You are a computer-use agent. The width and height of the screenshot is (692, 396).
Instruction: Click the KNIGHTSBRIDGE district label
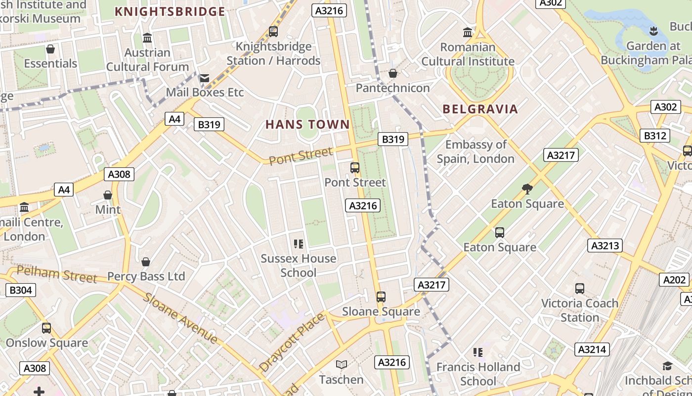[x=170, y=11]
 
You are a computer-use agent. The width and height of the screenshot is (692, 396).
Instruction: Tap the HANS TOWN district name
[x=307, y=124]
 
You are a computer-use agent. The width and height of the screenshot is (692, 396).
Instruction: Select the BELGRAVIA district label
[x=480, y=109]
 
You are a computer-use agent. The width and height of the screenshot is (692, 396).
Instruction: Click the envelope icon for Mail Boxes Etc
[x=204, y=78]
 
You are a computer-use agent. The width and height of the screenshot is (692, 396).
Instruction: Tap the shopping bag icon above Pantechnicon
[x=393, y=73]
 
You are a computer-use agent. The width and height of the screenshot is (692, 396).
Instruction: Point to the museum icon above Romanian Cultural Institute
[x=468, y=33]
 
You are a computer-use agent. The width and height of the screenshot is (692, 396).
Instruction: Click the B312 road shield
[x=654, y=136]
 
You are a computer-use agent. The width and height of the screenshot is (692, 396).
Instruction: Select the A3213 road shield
[x=605, y=246]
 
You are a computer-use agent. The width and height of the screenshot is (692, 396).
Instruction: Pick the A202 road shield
[x=674, y=280]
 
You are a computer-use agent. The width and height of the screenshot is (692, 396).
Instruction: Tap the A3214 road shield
[x=592, y=349]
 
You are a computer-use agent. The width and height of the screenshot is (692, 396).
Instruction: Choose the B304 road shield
[x=21, y=290]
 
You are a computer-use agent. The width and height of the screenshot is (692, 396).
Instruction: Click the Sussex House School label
[x=299, y=265]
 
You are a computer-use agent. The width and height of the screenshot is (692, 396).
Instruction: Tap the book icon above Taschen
[x=341, y=365]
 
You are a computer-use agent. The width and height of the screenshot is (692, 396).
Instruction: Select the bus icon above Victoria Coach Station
[x=580, y=288]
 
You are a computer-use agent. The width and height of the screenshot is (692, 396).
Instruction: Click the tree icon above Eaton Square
[x=527, y=189]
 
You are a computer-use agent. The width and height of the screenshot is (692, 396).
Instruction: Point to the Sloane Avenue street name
[x=180, y=318]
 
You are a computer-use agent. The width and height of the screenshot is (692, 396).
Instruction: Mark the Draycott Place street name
[x=292, y=342]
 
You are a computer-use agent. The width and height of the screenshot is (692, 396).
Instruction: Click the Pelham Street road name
[x=57, y=275]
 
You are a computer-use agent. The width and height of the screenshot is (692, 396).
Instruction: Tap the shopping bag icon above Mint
[x=108, y=195]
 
